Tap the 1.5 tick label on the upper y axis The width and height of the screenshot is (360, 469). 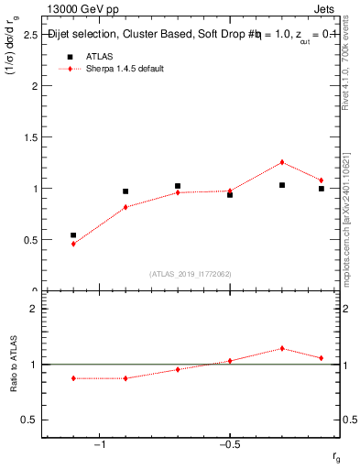30,137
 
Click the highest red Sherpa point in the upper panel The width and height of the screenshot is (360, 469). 282,162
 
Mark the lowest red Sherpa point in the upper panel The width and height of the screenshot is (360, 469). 73,244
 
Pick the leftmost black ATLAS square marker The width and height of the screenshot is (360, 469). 73,235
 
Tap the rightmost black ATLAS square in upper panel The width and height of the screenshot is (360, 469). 322,189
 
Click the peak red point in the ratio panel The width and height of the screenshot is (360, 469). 282,348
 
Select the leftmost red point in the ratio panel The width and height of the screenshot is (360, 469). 73,378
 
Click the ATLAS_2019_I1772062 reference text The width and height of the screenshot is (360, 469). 191,273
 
